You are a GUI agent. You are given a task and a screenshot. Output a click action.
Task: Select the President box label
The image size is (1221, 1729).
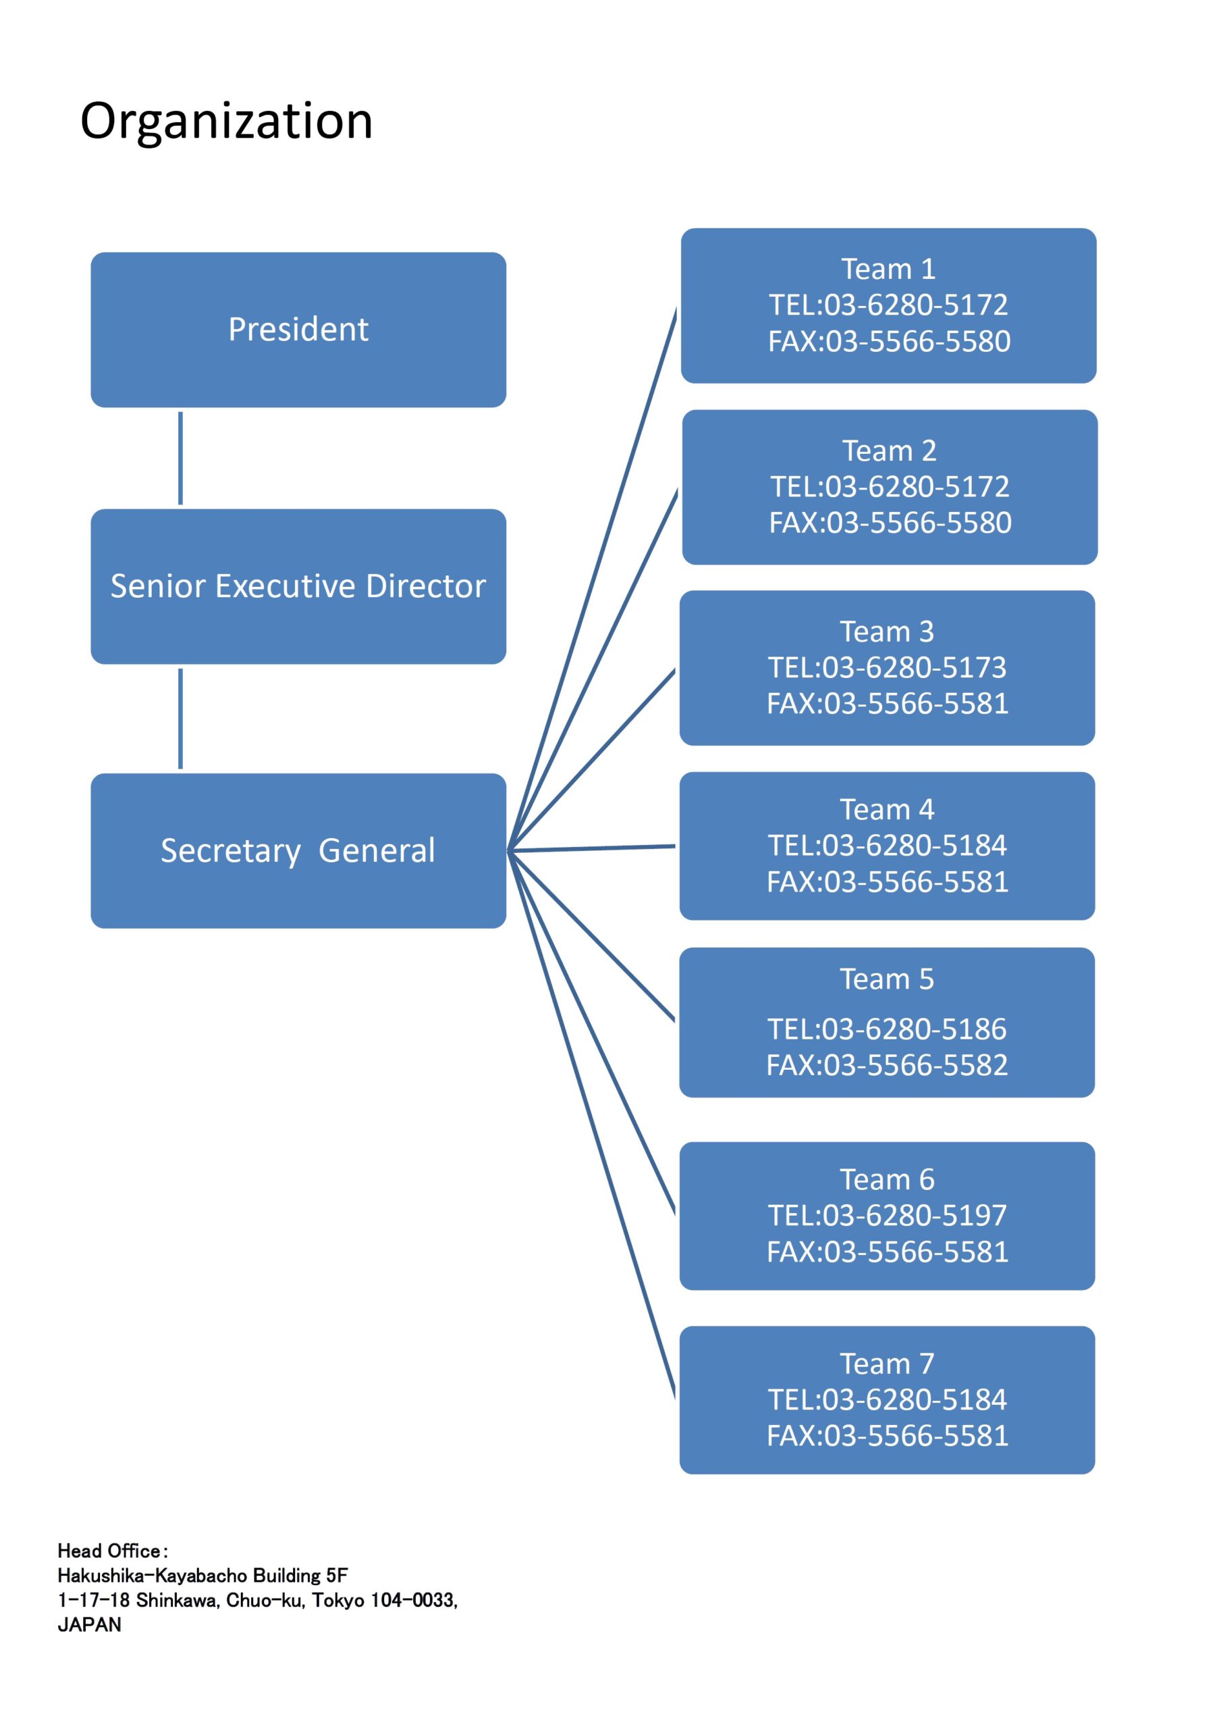pyautogui.click(x=298, y=330)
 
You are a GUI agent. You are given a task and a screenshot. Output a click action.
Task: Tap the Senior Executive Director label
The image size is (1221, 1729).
pyautogui.click(x=298, y=586)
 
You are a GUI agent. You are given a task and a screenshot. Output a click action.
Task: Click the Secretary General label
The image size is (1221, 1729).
pyautogui.click(x=298, y=851)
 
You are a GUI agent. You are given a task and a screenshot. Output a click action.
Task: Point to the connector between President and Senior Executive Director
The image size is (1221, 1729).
pyautogui.click(x=181, y=458)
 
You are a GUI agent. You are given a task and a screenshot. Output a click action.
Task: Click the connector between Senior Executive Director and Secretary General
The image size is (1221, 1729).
pyautogui.click(x=181, y=719)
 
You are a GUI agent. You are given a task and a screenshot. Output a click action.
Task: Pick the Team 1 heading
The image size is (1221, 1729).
pyautogui.click(x=888, y=269)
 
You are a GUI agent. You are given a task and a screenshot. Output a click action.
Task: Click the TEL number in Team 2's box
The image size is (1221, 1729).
pyautogui.click(x=889, y=486)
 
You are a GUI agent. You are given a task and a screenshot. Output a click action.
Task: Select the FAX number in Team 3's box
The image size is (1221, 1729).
pyautogui.click(x=888, y=703)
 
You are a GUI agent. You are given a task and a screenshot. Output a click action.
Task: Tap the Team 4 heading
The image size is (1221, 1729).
pyautogui.click(x=888, y=810)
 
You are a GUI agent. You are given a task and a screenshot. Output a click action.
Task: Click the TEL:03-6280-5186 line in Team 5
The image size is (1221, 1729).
pyautogui.click(x=887, y=1029)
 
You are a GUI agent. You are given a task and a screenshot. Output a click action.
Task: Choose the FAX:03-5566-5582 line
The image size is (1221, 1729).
pyautogui.click(x=887, y=1065)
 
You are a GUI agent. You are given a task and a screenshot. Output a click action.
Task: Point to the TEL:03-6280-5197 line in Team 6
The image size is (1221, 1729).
pyautogui.click(x=887, y=1216)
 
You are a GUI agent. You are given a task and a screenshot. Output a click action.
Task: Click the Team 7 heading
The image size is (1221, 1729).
pyautogui.click(x=888, y=1364)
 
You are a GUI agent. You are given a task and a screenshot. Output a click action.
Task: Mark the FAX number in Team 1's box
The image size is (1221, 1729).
pyautogui.click(x=889, y=341)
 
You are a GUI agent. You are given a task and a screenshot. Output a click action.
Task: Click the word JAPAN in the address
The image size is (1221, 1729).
pyautogui.click(x=90, y=1624)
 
